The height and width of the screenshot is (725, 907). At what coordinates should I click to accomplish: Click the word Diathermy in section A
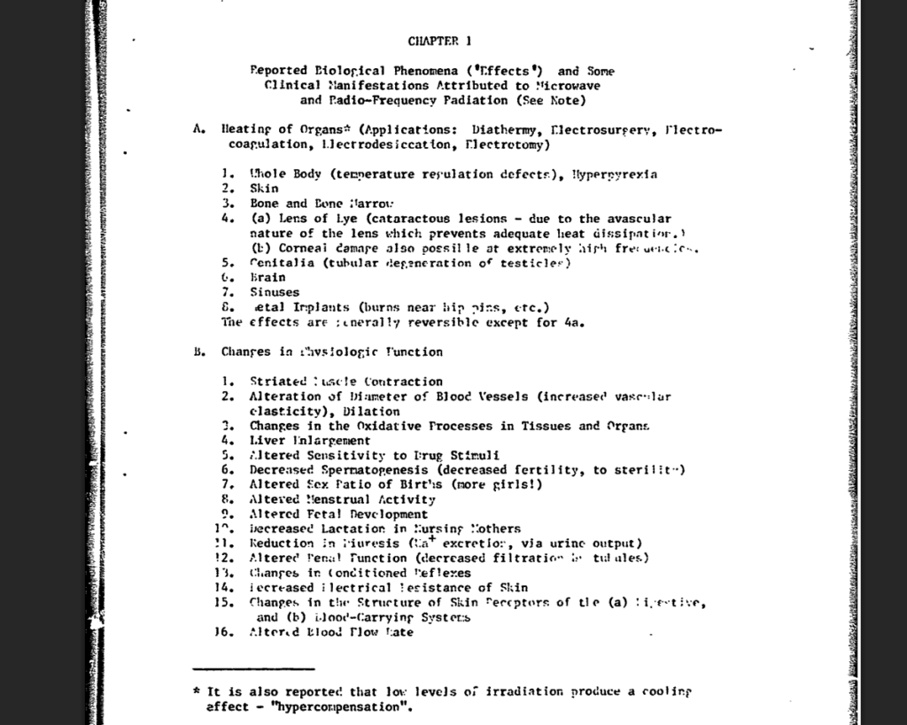[x=501, y=129]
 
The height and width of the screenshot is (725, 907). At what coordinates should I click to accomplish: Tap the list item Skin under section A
[x=264, y=189]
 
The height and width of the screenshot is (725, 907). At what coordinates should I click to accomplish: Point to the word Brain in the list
[x=267, y=277]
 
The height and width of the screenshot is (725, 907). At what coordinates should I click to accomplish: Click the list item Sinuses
[x=275, y=292]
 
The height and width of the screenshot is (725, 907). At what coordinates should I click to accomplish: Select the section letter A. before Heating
[x=198, y=129]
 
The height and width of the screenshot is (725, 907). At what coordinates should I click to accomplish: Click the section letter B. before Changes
[x=198, y=351]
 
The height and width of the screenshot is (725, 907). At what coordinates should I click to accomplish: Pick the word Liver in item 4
[x=265, y=440]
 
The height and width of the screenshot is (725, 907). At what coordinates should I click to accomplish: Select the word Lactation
[x=362, y=528]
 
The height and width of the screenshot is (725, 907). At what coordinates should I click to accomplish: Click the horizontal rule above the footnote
[x=253, y=668]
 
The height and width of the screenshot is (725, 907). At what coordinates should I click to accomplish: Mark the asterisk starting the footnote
[x=197, y=690]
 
